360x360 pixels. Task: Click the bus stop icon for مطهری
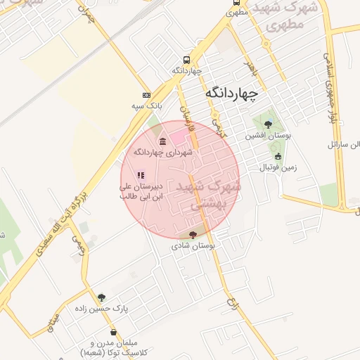pos(235,12)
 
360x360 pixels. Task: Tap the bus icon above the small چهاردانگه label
pos(186,60)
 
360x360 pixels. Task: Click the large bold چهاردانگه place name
pos(231,93)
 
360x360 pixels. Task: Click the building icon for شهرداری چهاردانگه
pos(163,141)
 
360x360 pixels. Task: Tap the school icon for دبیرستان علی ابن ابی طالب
pos(141,175)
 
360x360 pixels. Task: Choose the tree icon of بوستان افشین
pos(268,124)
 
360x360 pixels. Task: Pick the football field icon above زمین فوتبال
pos(278,157)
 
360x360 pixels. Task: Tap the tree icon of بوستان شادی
pos(193,235)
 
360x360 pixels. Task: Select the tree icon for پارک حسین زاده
pos(101,297)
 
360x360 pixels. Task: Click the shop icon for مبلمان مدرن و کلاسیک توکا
pos(113,332)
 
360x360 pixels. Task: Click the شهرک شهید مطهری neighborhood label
pos(288,15)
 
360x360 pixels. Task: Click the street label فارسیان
pos(185,112)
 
